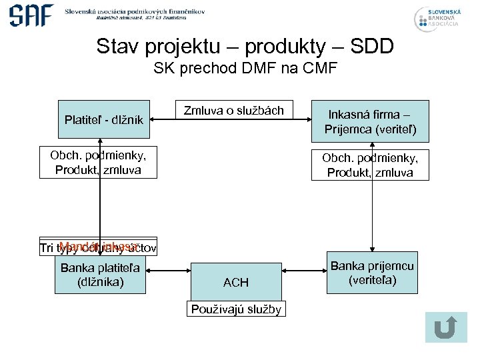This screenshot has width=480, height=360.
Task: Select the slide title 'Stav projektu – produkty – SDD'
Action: (x=245, y=47)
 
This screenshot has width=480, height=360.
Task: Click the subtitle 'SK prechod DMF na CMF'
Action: (x=245, y=68)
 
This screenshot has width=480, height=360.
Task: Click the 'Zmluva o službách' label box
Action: (x=233, y=111)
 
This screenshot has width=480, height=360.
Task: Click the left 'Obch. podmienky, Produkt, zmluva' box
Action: (x=98, y=163)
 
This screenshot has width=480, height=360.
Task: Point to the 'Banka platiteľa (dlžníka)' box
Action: (x=100, y=275)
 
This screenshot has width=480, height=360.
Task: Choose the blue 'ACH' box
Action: (x=235, y=282)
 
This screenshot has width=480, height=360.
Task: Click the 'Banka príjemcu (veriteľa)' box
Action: (x=372, y=273)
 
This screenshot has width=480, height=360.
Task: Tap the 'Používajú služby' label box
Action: (x=236, y=309)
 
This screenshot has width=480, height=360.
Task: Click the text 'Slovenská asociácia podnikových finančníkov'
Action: (x=134, y=11)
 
